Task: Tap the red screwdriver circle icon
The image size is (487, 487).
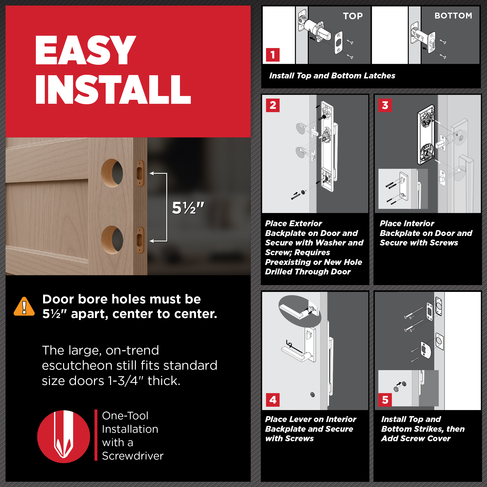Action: [x=64, y=437]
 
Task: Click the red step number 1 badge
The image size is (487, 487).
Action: [x=273, y=55]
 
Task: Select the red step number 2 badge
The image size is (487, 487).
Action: [x=273, y=105]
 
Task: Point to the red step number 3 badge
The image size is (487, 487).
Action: [x=385, y=105]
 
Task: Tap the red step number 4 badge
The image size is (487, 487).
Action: [x=273, y=400]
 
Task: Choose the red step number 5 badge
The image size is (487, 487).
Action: [x=385, y=400]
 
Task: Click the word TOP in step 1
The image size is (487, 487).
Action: [x=353, y=16]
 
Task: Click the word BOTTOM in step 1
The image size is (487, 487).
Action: [x=453, y=16]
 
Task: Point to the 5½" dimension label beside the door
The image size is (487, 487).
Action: [x=188, y=208]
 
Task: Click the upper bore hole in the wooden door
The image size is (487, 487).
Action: [x=112, y=173]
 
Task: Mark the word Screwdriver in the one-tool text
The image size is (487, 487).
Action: [x=133, y=456]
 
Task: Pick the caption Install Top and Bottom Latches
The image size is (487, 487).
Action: [x=332, y=76]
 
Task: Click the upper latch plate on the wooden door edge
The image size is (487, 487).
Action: [x=140, y=173]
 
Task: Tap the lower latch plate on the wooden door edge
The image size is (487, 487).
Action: [x=140, y=240]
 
